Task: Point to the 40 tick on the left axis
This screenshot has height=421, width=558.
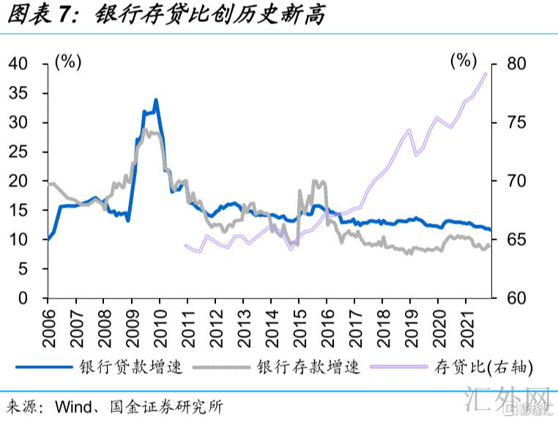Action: pyautogui.click(x=18, y=64)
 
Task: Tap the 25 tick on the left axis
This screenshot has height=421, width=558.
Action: pyautogui.click(x=18, y=152)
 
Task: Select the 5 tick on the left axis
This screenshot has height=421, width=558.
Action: pyautogui.click(x=23, y=269)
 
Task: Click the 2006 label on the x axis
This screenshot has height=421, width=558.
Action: pyautogui.click(x=48, y=322)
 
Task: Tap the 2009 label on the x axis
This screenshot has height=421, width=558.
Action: pyautogui.click(x=131, y=322)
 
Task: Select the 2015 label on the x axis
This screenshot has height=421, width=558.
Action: pyautogui.click(x=299, y=322)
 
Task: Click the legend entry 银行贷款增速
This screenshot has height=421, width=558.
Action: pyautogui.click(x=142, y=367)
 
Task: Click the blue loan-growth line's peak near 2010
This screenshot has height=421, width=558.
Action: pyautogui.click(x=156, y=100)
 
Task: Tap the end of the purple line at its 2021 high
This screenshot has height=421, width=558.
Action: pyautogui.click(x=486, y=73)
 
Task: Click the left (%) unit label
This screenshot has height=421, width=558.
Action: pyautogui.click(x=67, y=62)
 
